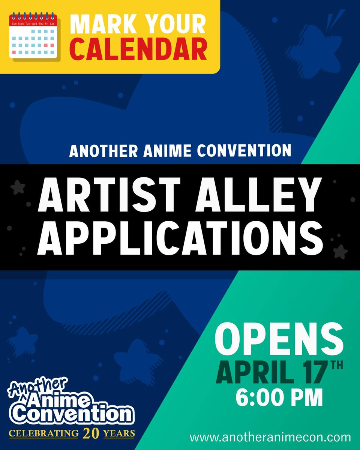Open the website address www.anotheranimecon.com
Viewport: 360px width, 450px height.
point(270,437)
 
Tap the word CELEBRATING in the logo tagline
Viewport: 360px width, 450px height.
point(44,434)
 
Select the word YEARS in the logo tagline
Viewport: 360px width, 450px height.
point(120,434)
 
